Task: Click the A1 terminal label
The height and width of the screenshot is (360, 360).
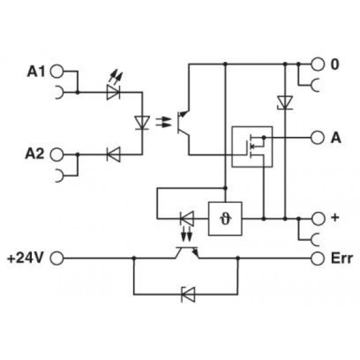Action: click(36, 71)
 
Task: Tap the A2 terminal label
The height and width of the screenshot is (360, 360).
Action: click(34, 154)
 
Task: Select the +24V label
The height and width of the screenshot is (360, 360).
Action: click(25, 258)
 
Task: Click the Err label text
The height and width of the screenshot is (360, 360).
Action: click(341, 259)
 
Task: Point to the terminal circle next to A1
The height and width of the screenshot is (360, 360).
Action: click(56, 71)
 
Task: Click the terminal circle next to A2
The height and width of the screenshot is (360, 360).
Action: click(56, 154)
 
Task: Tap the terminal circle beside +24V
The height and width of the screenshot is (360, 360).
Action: click(57, 258)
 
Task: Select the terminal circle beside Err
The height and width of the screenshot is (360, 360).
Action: click(317, 259)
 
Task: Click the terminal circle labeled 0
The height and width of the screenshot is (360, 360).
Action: click(317, 64)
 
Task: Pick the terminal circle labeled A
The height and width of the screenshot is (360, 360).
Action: click(317, 138)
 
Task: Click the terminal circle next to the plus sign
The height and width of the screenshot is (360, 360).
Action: click(318, 219)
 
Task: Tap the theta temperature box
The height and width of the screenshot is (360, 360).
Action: click(225, 218)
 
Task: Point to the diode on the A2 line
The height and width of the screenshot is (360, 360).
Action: click(113, 155)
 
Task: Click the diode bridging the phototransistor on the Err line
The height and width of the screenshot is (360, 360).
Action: click(188, 295)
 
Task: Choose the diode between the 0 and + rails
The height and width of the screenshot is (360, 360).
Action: click(285, 103)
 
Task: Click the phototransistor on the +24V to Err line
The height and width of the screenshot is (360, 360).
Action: click(187, 253)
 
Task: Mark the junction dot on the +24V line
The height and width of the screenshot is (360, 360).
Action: click(134, 258)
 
